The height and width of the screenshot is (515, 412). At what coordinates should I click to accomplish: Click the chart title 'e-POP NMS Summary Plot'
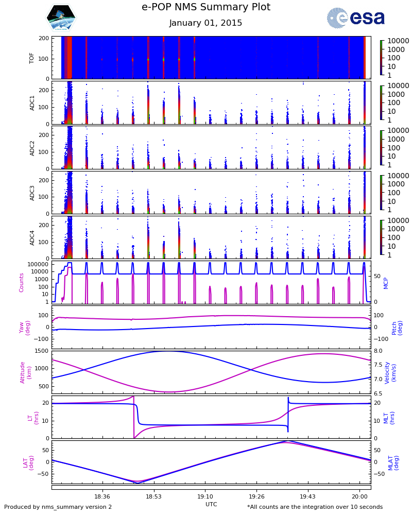click(205, 7)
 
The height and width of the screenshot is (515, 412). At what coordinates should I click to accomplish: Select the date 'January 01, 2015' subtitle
click(205, 23)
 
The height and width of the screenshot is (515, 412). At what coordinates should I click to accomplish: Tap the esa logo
click(356, 18)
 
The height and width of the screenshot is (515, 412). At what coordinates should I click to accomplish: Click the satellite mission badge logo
click(61, 18)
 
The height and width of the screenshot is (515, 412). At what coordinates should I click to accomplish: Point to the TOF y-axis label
click(32, 58)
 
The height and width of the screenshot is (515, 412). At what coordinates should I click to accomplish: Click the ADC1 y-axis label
click(32, 102)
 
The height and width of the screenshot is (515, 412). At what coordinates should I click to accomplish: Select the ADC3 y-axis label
click(32, 192)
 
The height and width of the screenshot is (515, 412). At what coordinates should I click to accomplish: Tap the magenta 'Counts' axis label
click(22, 282)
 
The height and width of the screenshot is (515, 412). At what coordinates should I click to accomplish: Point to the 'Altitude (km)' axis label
click(26, 372)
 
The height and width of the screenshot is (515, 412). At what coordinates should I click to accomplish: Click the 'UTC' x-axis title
click(211, 504)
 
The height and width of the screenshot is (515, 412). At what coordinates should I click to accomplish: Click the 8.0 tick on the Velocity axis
click(378, 351)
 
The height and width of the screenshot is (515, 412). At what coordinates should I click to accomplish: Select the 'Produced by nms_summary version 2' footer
click(58, 507)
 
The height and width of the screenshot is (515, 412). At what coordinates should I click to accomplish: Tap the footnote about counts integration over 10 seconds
click(315, 507)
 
